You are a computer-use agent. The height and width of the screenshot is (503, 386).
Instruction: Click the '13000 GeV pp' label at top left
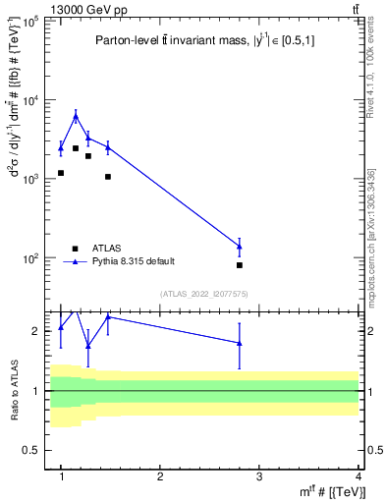click(x=45, y=11)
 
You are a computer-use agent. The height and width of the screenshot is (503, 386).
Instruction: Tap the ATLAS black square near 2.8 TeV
click(x=240, y=265)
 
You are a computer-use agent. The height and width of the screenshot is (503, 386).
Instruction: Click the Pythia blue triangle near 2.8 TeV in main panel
click(x=240, y=246)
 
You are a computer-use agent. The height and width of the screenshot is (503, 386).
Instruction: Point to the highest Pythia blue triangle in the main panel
click(x=76, y=116)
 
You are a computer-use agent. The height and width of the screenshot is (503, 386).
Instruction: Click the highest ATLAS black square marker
click(x=76, y=148)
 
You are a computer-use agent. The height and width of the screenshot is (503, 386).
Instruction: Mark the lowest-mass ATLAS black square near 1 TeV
click(x=61, y=173)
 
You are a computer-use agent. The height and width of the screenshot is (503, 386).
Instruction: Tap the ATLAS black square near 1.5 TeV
click(x=108, y=177)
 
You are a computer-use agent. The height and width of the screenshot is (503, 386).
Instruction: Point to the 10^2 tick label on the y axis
click(x=29, y=258)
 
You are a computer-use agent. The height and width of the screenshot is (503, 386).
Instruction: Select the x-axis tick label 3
click(x=259, y=476)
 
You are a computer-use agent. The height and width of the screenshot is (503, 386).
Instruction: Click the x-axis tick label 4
click(x=358, y=476)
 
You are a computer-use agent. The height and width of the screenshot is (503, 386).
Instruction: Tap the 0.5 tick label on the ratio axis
click(x=31, y=450)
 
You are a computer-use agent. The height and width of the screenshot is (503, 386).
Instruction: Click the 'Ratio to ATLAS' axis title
click(x=13, y=391)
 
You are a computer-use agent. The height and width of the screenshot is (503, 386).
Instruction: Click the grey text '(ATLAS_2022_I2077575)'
click(x=202, y=294)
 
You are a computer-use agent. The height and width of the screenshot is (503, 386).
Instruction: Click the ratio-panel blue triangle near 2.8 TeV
click(x=240, y=343)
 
